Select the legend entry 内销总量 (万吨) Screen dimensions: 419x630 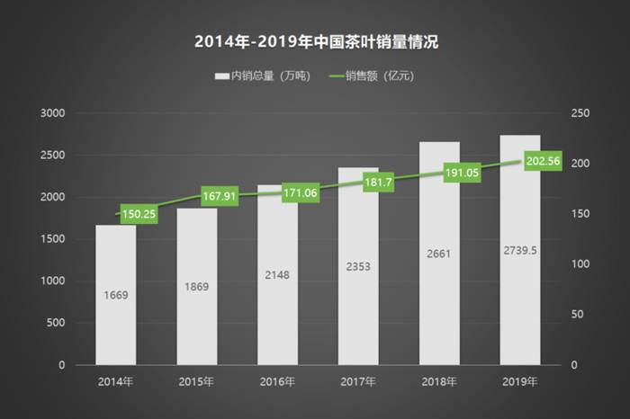[262, 76]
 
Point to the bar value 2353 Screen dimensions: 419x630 [357, 266]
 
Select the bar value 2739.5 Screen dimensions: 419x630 [519, 250]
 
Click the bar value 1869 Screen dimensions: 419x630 [196, 287]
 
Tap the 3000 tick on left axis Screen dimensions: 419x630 [53, 113]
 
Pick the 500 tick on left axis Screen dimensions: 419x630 [56, 323]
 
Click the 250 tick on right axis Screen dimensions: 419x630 [580, 113]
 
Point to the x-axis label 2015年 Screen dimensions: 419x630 [196, 382]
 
